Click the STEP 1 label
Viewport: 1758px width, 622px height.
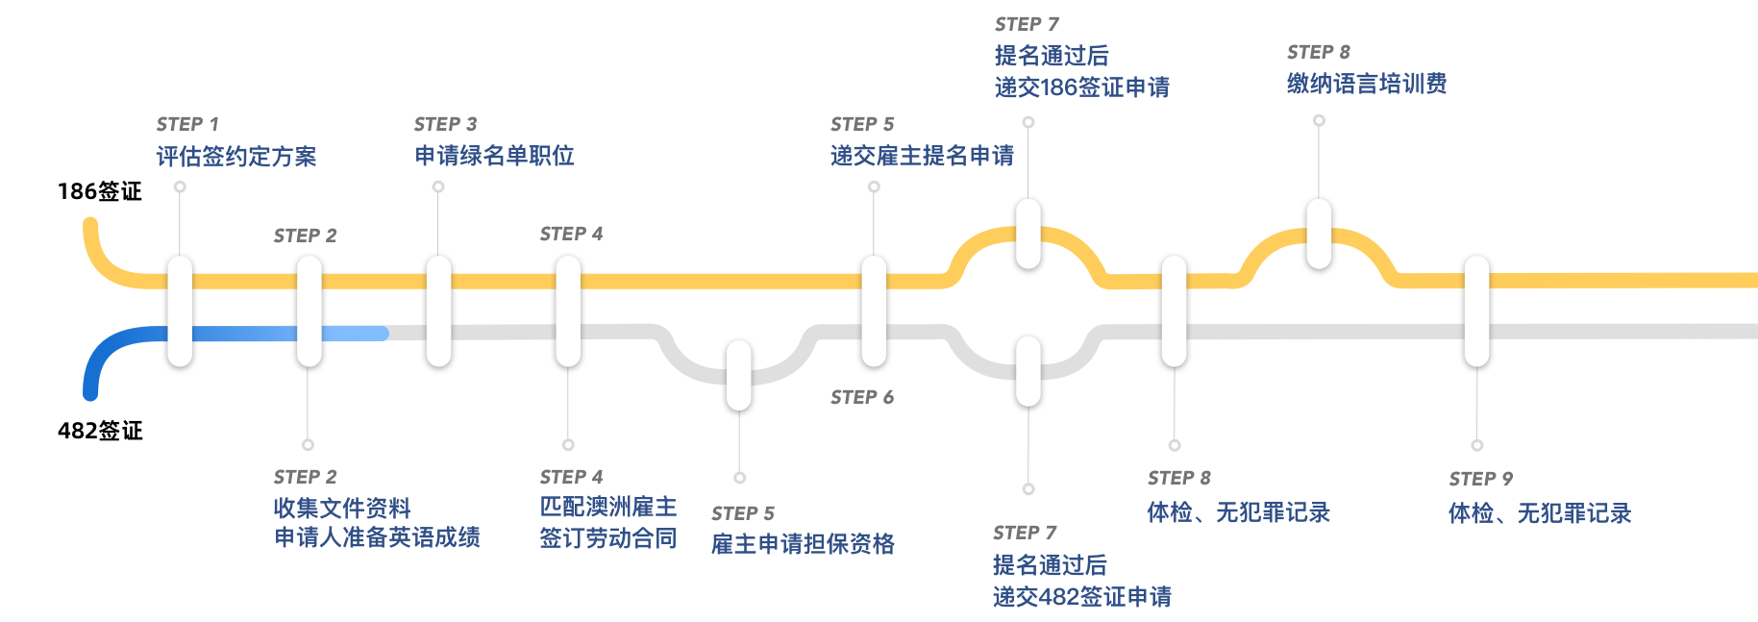coord(187,125)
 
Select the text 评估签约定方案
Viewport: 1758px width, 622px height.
coord(236,157)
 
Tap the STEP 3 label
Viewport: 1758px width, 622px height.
coord(445,125)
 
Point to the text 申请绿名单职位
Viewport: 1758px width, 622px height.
coord(495,156)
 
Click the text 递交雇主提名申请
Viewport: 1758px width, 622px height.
coord(922,156)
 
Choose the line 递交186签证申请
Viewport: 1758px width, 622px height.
coord(1082,87)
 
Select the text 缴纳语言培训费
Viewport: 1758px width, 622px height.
coord(1367,85)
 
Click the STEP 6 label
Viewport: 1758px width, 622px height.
coord(862,398)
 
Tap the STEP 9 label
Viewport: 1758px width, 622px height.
coord(1480,479)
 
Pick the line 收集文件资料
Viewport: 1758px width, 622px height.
coord(342,508)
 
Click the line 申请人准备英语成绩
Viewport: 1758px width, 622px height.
coord(378,537)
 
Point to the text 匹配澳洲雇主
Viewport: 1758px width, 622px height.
coord(608,507)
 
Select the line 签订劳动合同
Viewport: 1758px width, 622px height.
coord(608,538)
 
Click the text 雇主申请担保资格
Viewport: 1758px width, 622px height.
coord(803,545)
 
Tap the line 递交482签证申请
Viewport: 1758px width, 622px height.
coord(1082,597)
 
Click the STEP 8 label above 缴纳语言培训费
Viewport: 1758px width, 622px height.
coord(1318,53)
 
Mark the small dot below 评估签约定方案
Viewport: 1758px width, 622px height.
coord(180,187)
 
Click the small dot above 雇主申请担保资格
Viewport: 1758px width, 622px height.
coord(739,478)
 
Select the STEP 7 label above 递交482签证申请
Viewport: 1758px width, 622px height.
coord(1025,533)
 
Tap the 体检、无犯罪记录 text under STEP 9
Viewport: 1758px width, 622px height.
coord(1540,513)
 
